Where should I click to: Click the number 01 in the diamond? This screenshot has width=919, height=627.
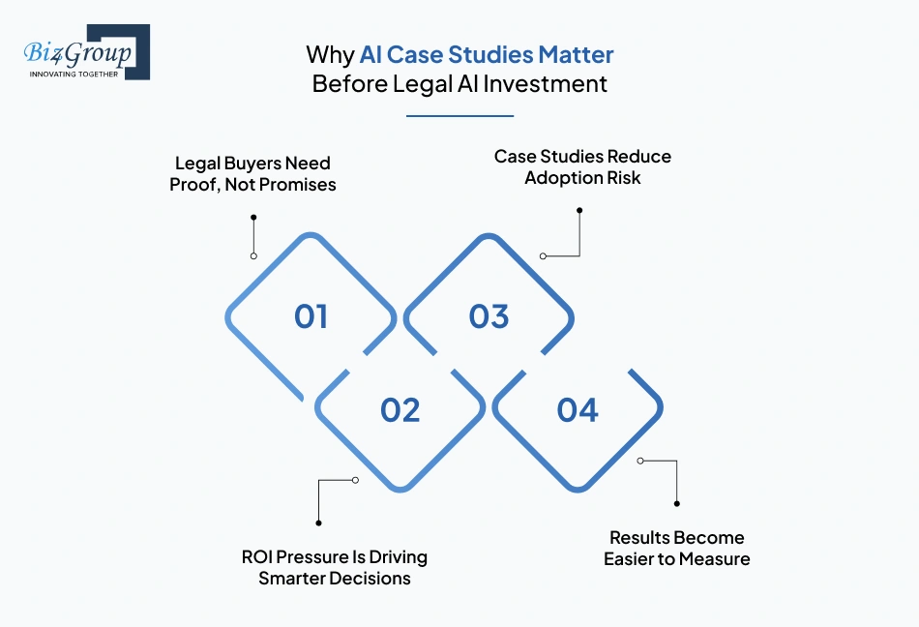point(311,316)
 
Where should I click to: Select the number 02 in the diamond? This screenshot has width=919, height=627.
point(400,410)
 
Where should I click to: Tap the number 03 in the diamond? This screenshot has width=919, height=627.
point(489,316)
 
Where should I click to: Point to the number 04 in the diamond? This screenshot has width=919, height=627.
point(578,410)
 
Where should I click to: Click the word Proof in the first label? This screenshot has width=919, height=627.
point(193,184)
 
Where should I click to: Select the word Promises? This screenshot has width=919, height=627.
point(296,184)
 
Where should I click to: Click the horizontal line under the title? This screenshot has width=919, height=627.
point(459,116)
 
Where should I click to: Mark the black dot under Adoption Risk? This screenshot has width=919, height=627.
point(579,209)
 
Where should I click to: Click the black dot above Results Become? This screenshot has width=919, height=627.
point(676,503)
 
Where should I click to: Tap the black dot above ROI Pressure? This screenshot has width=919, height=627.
point(318,522)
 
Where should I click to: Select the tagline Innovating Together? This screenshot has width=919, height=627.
point(74,73)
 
